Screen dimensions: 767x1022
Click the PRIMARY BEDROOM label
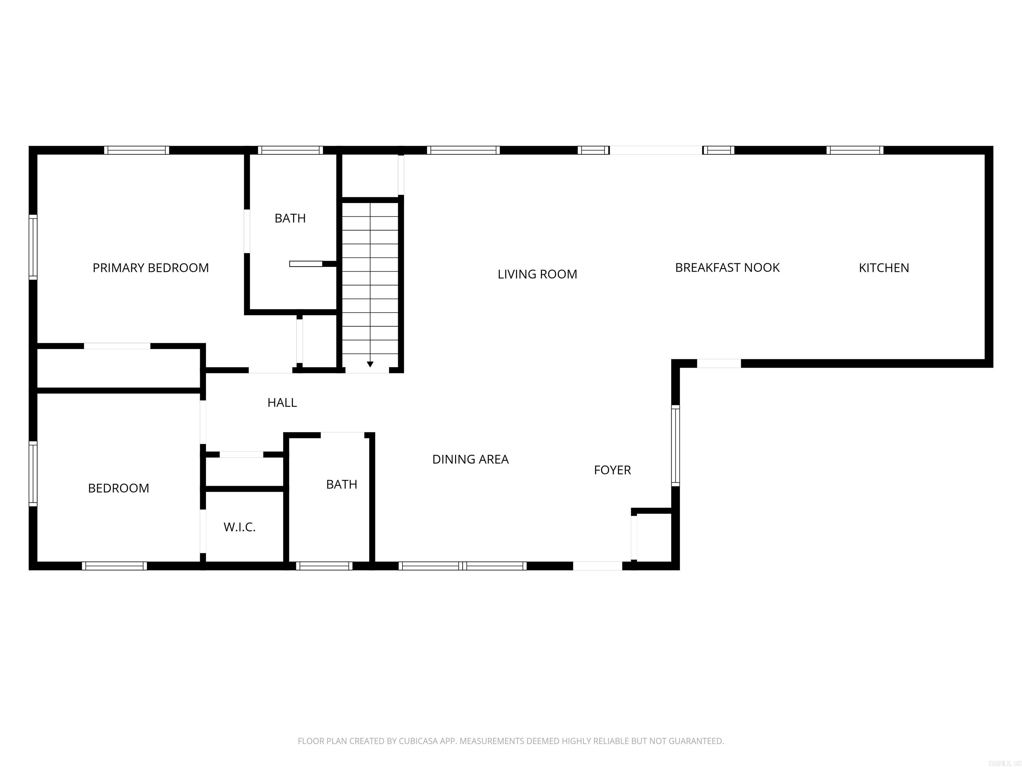click(151, 268)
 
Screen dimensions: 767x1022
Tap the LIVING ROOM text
click(537, 274)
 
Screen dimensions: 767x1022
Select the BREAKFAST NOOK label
click(727, 268)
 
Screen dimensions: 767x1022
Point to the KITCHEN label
click(883, 268)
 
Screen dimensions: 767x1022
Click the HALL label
click(282, 403)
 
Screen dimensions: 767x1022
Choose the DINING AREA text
click(470, 459)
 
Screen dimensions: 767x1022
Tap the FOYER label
click(612, 470)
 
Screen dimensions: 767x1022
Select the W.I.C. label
click(239, 527)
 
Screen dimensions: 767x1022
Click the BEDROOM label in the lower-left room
click(118, 488)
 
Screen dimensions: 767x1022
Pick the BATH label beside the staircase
click(290, 218)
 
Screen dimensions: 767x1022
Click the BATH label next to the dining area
click(341, 484)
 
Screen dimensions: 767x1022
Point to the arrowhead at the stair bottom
click(370, 364)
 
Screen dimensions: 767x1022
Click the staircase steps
click(370, 277)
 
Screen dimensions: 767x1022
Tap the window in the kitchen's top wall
click(855, 150)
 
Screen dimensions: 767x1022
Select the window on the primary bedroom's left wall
click(33, 247)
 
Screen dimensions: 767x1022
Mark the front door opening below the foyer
click(597, 566)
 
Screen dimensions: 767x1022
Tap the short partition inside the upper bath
click(306, 264)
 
